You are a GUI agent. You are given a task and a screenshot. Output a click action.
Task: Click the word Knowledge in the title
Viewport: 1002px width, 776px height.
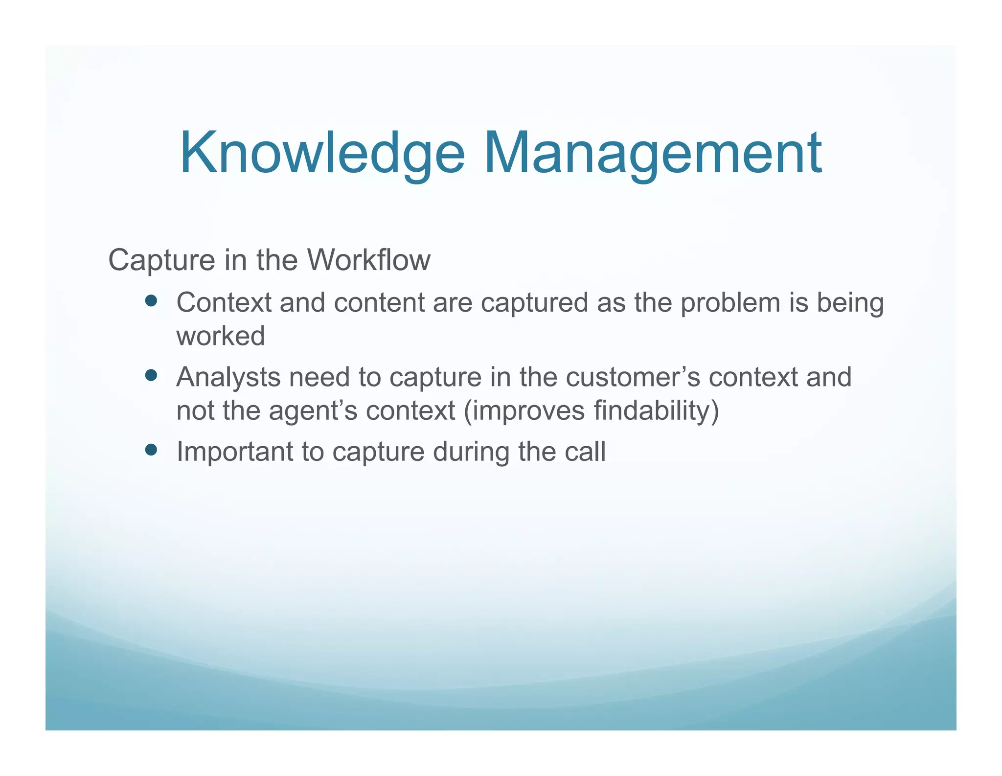322,154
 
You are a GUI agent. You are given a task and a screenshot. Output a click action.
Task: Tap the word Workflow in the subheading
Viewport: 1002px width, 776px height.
369,260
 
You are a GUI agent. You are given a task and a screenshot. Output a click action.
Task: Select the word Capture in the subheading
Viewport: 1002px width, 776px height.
161,261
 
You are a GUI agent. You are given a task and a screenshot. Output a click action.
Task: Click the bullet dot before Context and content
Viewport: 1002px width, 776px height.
151,300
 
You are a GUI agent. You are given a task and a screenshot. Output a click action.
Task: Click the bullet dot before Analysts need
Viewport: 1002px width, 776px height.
151,375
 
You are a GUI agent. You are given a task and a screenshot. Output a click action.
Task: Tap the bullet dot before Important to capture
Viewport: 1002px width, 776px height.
151,449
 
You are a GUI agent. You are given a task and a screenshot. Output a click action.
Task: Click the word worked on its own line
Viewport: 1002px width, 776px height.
221,336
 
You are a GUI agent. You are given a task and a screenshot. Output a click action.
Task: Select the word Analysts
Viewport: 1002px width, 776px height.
228,378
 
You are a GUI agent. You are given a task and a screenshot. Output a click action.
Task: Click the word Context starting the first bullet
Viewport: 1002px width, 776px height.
224,302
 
